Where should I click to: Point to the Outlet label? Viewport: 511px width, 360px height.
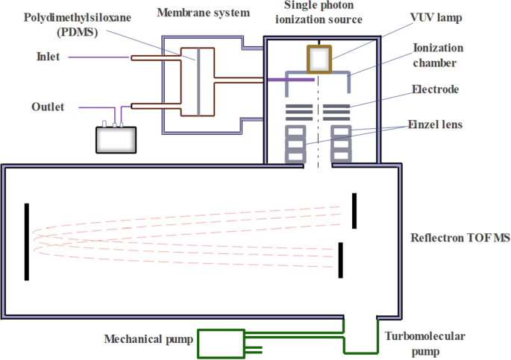48,107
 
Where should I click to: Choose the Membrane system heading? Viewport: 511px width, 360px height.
204,13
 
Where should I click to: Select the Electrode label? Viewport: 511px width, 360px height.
436,89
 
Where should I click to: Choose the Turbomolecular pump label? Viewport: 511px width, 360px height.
424,344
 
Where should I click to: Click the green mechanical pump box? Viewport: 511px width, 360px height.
220,344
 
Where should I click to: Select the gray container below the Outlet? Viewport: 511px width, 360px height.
116,139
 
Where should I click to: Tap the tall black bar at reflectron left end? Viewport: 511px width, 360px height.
27,241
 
